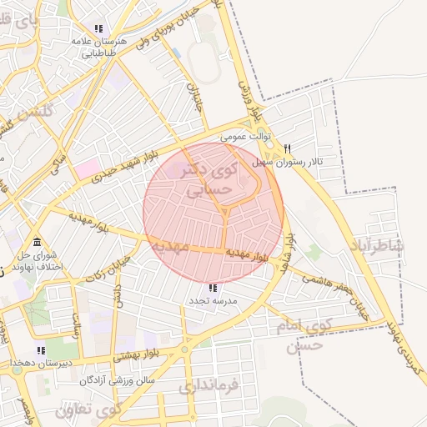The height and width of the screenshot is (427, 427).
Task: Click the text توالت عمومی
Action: click(x=246, y=133)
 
